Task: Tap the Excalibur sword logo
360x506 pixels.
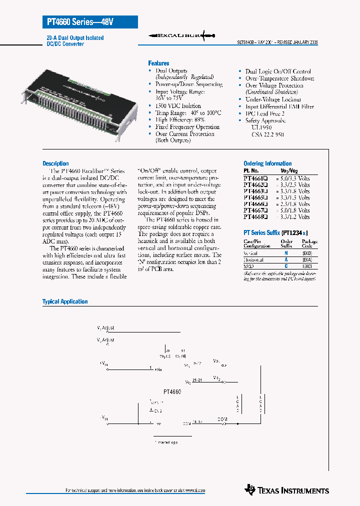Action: click(182, 36)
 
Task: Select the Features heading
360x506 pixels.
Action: click(158, 63)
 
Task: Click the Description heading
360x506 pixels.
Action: click(55, 163)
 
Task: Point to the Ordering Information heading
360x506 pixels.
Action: click(267, 163)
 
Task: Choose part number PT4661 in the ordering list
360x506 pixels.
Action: click(255, 178)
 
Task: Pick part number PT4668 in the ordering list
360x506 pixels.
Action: click(255, 217)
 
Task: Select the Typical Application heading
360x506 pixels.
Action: click(65, 301)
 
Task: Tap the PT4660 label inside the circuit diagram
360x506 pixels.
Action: click(171, 392)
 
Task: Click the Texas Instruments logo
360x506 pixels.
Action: click(287, 490)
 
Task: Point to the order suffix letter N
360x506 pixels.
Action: click(285, 253)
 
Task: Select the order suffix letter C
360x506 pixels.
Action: click(285, 266)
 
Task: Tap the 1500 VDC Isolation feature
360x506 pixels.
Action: click(178, 106)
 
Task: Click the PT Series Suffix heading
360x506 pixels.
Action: click(275, 233)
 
